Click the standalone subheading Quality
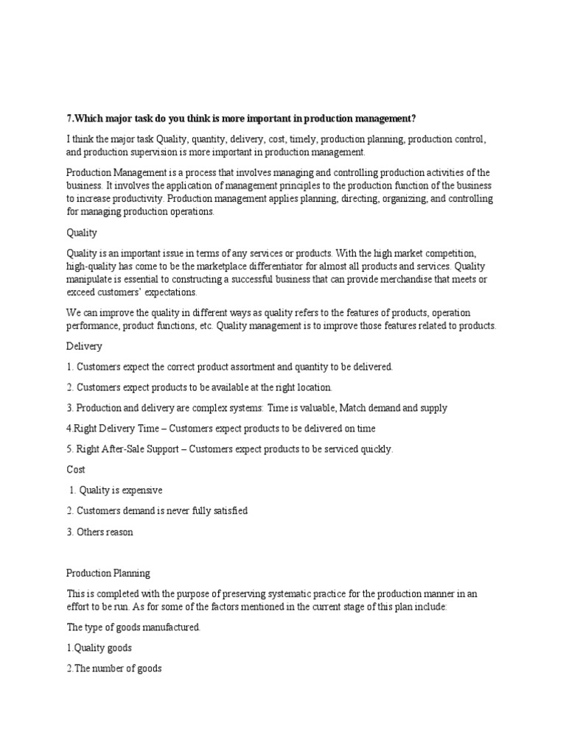pos(82,233)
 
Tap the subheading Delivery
pos(84,346)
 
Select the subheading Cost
pos(76,469)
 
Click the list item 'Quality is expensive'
pos(116,490)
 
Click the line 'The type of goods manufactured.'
pos(133,627)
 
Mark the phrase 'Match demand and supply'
pos(393,407)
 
